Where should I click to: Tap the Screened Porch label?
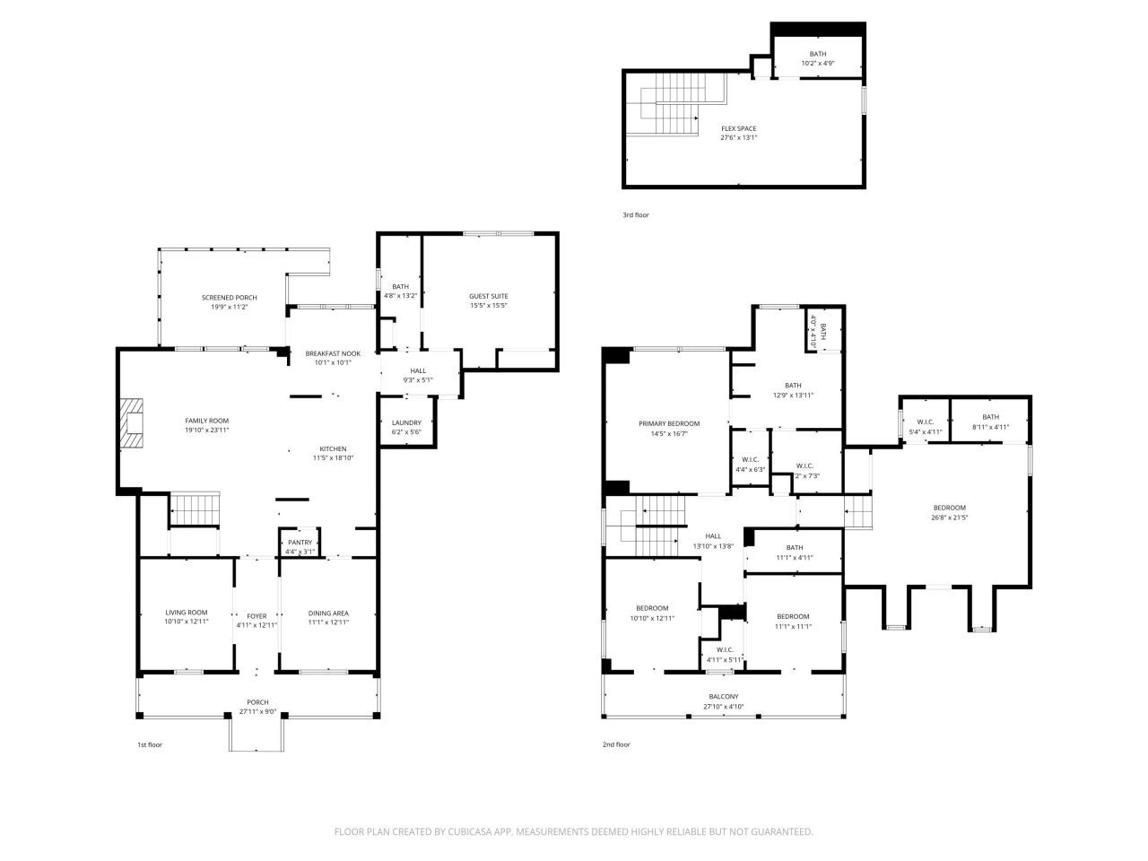[229, 298]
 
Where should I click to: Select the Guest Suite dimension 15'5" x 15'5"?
[489, 306]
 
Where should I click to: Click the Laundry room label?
[406, 422]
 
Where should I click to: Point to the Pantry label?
[300, 543]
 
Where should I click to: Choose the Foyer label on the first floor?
[257, 615]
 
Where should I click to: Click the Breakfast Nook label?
[333, 353]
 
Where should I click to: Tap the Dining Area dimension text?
[328, 622]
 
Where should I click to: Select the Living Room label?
[187, 613]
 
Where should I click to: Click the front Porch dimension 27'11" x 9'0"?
[257, 712]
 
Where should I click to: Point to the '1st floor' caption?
[150, 744]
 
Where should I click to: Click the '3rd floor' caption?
[636, 215]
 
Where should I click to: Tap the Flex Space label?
[738, 128]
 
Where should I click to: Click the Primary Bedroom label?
[669, 423]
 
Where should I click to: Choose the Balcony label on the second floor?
[724, 697]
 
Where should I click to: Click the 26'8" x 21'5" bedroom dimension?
[949, 517]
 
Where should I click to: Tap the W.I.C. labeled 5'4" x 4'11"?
[926, 422]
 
